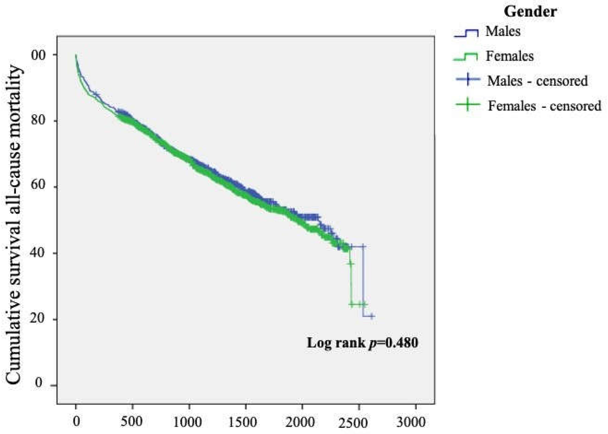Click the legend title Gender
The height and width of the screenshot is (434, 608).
(530, 12)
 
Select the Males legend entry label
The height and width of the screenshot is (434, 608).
(503, 32)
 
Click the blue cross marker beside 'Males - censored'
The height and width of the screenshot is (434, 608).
(467, 79)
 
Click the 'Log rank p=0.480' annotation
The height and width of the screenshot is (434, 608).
(362, 343)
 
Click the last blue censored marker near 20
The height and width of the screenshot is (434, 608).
(371, 316)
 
